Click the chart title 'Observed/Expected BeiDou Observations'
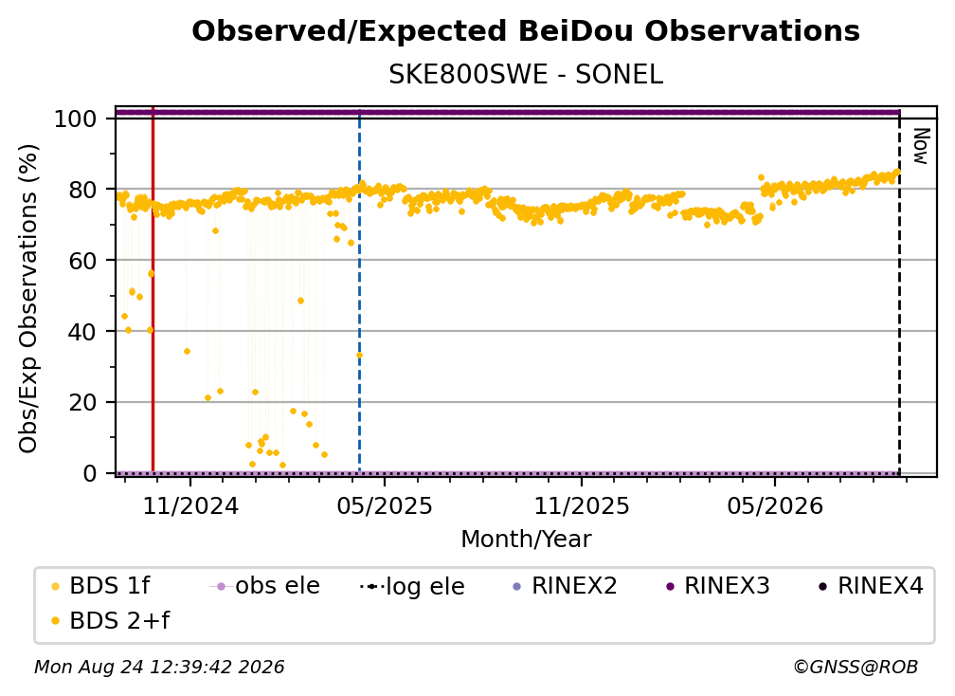pyautogui.click(x=526, y=31)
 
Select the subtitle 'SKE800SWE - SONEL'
pyautogui.click(x=526, y=75)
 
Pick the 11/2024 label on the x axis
pyautogui.click(x=190, y=505)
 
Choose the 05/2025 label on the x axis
pyautogui.click(x=385, y=505)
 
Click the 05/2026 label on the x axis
pyautogui.click(x=775, y=505)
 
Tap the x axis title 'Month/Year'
pyautogui.click(x=526, y=540)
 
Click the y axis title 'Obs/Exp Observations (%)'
pyautogui.click(x=28, y=299)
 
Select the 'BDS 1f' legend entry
pyautogui.click(x=100, y=586)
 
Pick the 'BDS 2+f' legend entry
pyautogui.click(x=110, y=621)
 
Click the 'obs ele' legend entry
pyautogui.click(x=264, y=586)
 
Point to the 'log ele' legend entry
pyautogui.click(x=412, y=587)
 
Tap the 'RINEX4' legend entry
pyautogui.click(x=871, y=586)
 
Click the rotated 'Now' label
pyautogui.click(x=921, y=146)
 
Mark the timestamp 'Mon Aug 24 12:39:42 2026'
pyautogui.click(x=159, y=668)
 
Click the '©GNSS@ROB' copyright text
pyautogui.click(x=856, y=668)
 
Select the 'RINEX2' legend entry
pyautogui.click(x=565, y=586)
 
